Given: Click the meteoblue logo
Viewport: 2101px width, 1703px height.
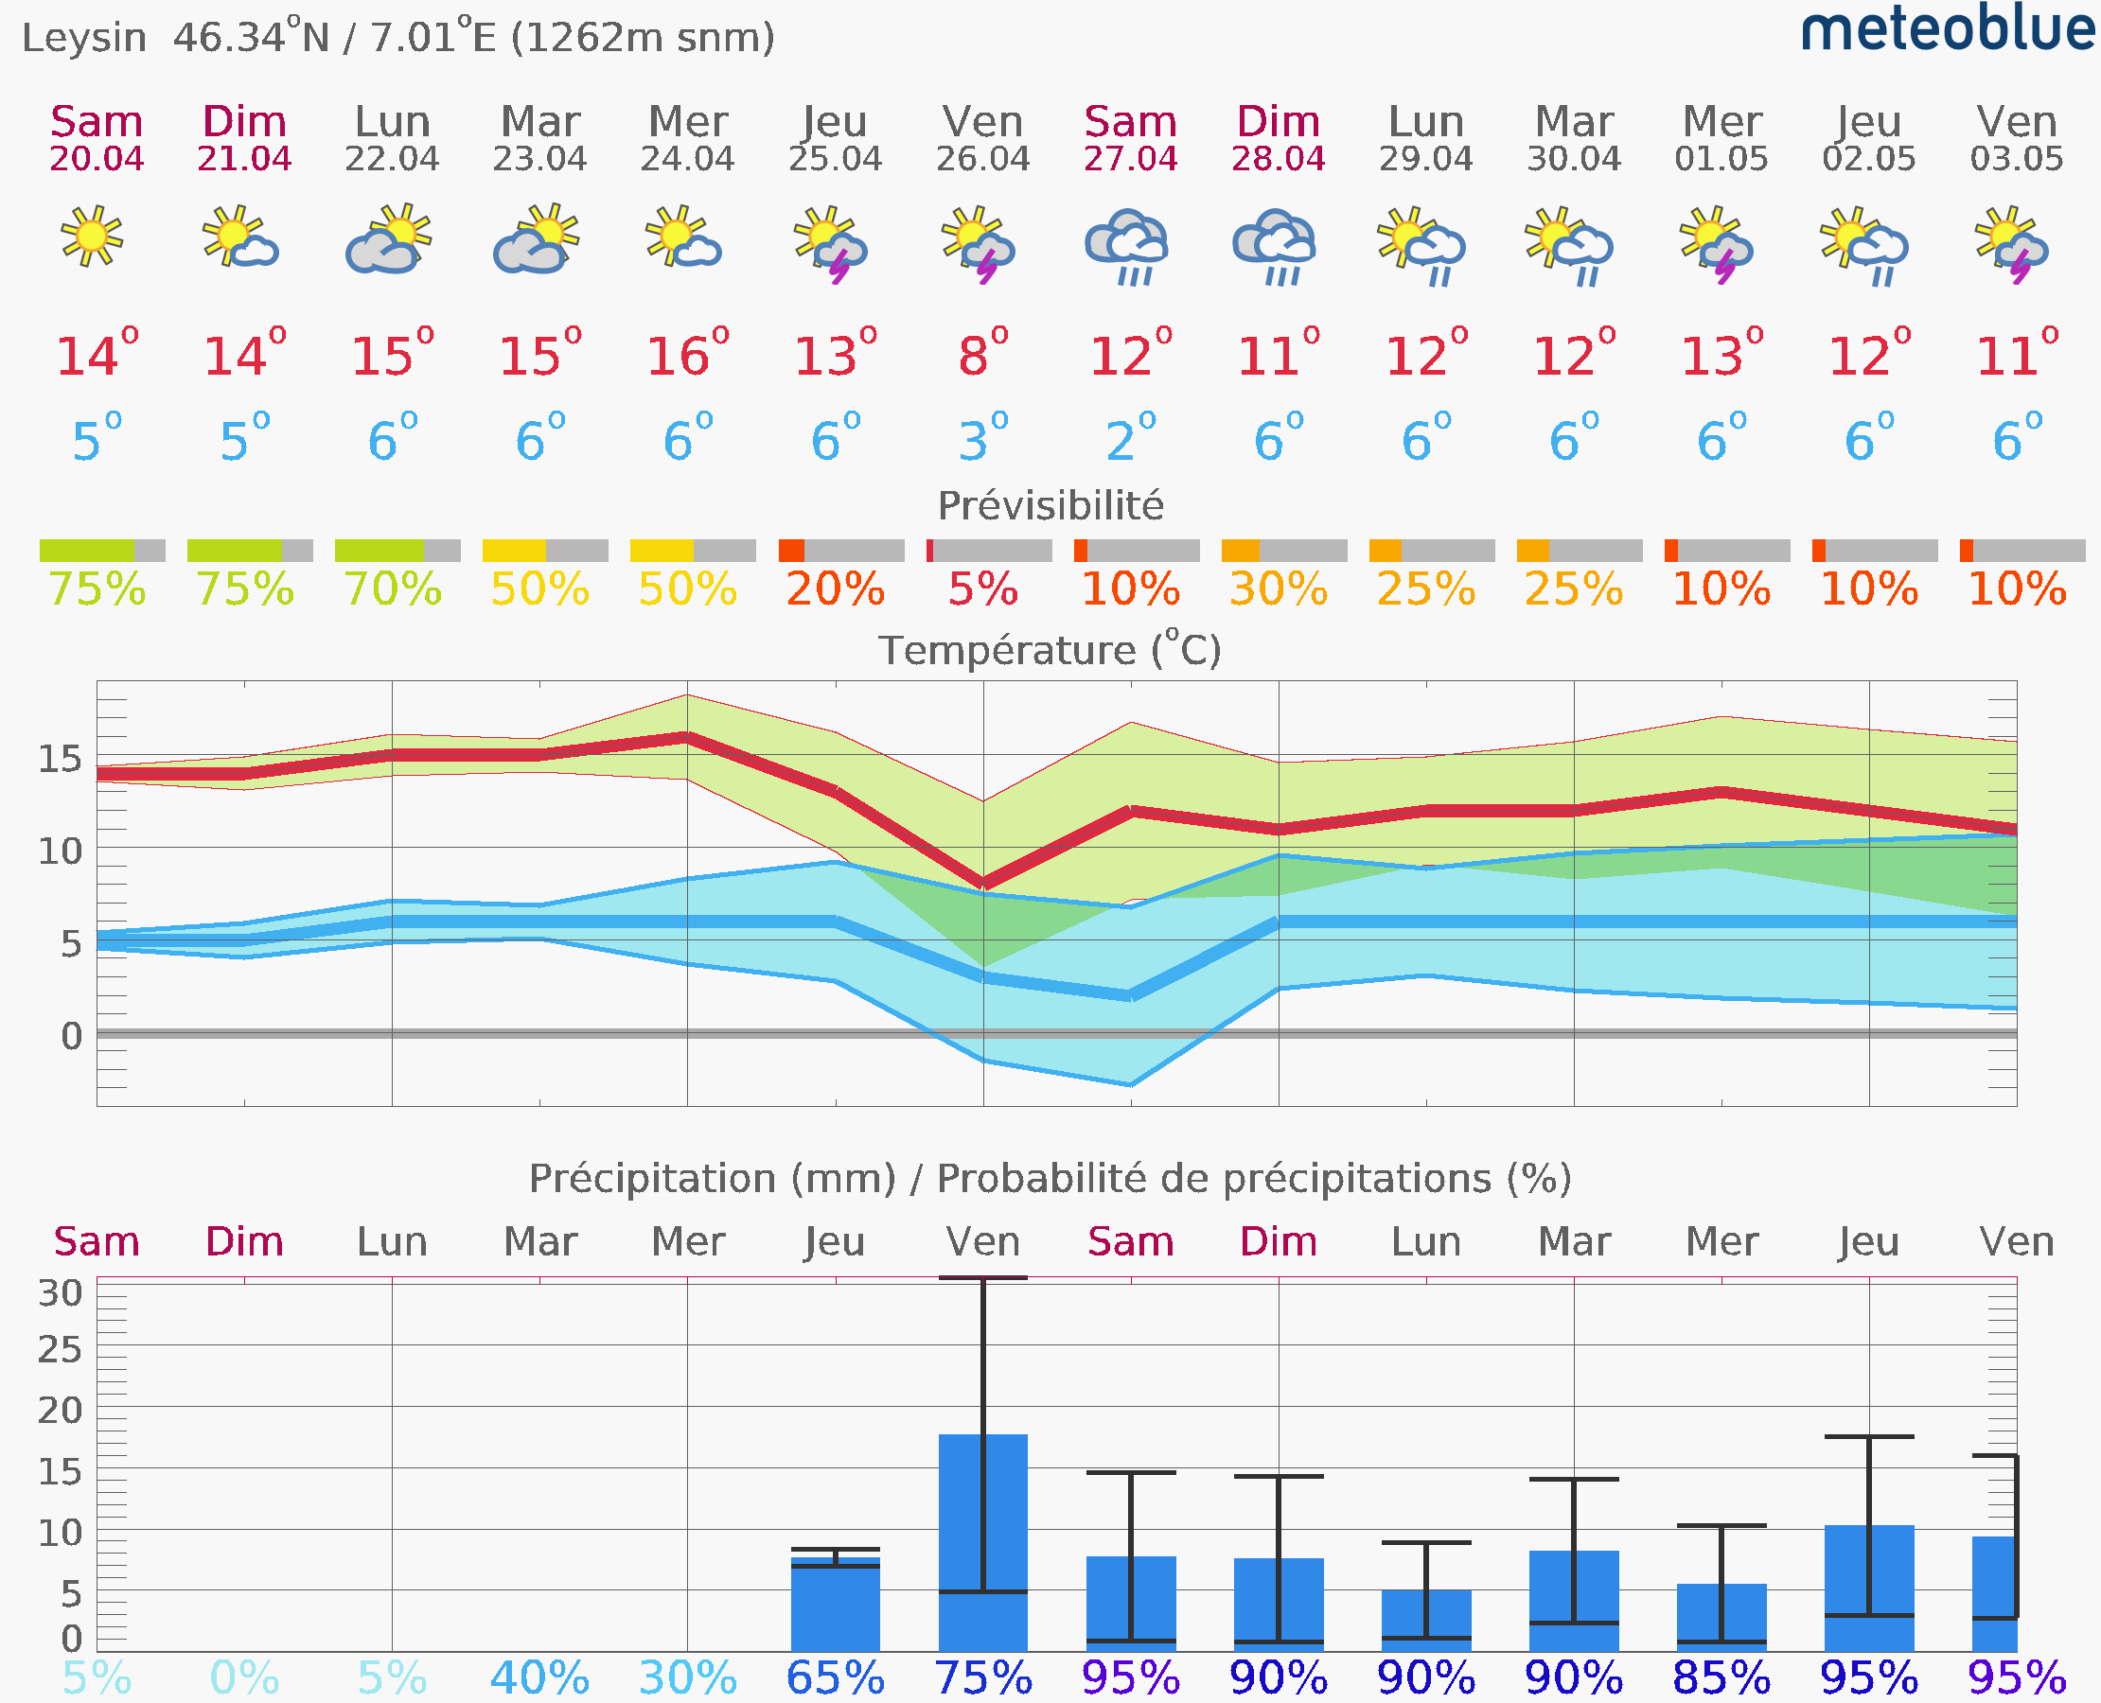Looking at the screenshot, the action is (1948, 29).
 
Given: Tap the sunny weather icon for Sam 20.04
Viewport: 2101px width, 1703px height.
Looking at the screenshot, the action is (91, 236).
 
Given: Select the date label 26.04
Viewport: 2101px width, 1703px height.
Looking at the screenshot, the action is (982, 159).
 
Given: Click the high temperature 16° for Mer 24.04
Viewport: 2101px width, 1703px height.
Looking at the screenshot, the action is (688, 352).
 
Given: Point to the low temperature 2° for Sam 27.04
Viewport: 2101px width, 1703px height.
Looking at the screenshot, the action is (1131, 437).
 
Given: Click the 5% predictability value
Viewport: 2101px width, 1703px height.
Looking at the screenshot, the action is (982, 589).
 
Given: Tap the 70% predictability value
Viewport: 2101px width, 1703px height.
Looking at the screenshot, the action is (393, 589).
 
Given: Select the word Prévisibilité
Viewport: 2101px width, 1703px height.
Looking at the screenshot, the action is (1050, 506).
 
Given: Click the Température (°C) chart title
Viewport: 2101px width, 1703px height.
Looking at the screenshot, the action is (1050, 649).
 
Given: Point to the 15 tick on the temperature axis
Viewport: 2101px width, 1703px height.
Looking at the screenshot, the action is (60, 758).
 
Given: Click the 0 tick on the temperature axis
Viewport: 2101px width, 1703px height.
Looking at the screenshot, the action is (72, 1036).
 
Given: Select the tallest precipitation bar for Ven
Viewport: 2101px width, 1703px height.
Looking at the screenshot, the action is (982, 1543).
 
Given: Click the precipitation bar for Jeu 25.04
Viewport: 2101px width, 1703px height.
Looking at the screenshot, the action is (835, 1605).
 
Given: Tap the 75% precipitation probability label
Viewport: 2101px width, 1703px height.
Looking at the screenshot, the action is (982, 1678).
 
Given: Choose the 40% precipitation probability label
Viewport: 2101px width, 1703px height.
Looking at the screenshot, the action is (539, 1678).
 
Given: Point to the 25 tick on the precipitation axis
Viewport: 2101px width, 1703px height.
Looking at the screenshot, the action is (60, 1350).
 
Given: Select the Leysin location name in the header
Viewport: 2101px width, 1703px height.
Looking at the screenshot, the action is (84, 38).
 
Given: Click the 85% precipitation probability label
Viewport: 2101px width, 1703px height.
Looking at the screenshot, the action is (1721, 1678).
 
